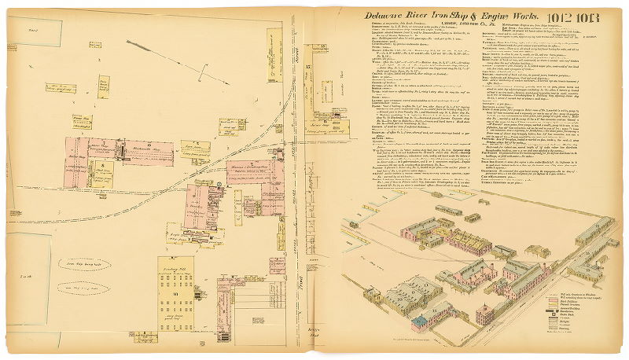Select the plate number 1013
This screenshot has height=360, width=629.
pyautogui.click(x=571, y=16)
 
